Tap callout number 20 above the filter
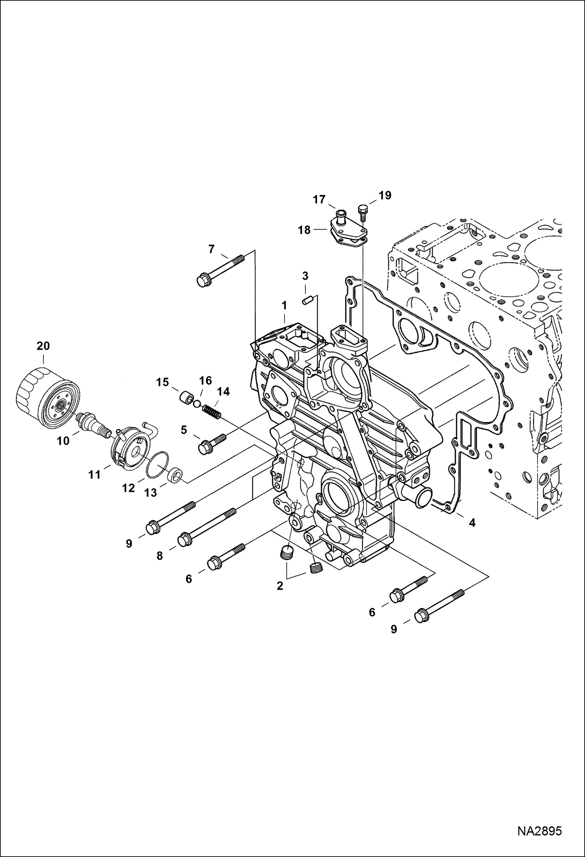[x=43, y=346]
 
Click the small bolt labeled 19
[x=362, y=211]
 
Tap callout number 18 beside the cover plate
[x=304, y=230]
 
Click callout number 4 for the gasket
[x=472, y=522]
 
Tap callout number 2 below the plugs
[x=280, y=586]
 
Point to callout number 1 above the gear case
[x=284, y=305]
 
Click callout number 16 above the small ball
[x=205, y=380]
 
